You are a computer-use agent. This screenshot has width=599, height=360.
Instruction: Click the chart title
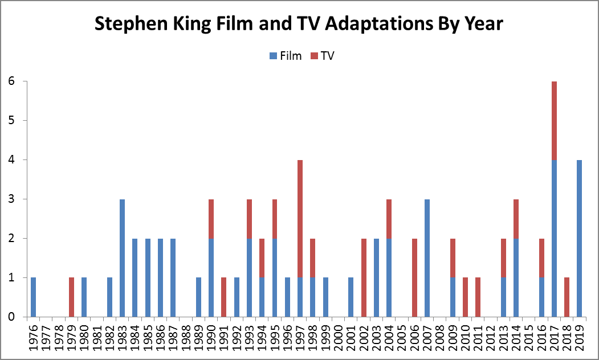[x=299, y=24]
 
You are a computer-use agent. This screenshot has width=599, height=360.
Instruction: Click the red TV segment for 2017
[x=555, y=121]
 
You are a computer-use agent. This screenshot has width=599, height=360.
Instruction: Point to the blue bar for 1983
[x=123, y=258]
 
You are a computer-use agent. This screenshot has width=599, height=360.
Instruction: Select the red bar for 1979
[x=72, y=297]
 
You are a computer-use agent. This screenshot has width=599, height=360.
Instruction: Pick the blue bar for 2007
[x=427, y=258]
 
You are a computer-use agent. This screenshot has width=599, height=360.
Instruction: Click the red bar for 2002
[x=364, y=277]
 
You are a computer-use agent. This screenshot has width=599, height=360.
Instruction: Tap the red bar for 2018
[x=567, y=297]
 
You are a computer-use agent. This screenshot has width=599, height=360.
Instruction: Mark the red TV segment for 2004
[x=389, y=219]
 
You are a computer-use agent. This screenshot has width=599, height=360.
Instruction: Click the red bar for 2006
[x=415, y=277]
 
